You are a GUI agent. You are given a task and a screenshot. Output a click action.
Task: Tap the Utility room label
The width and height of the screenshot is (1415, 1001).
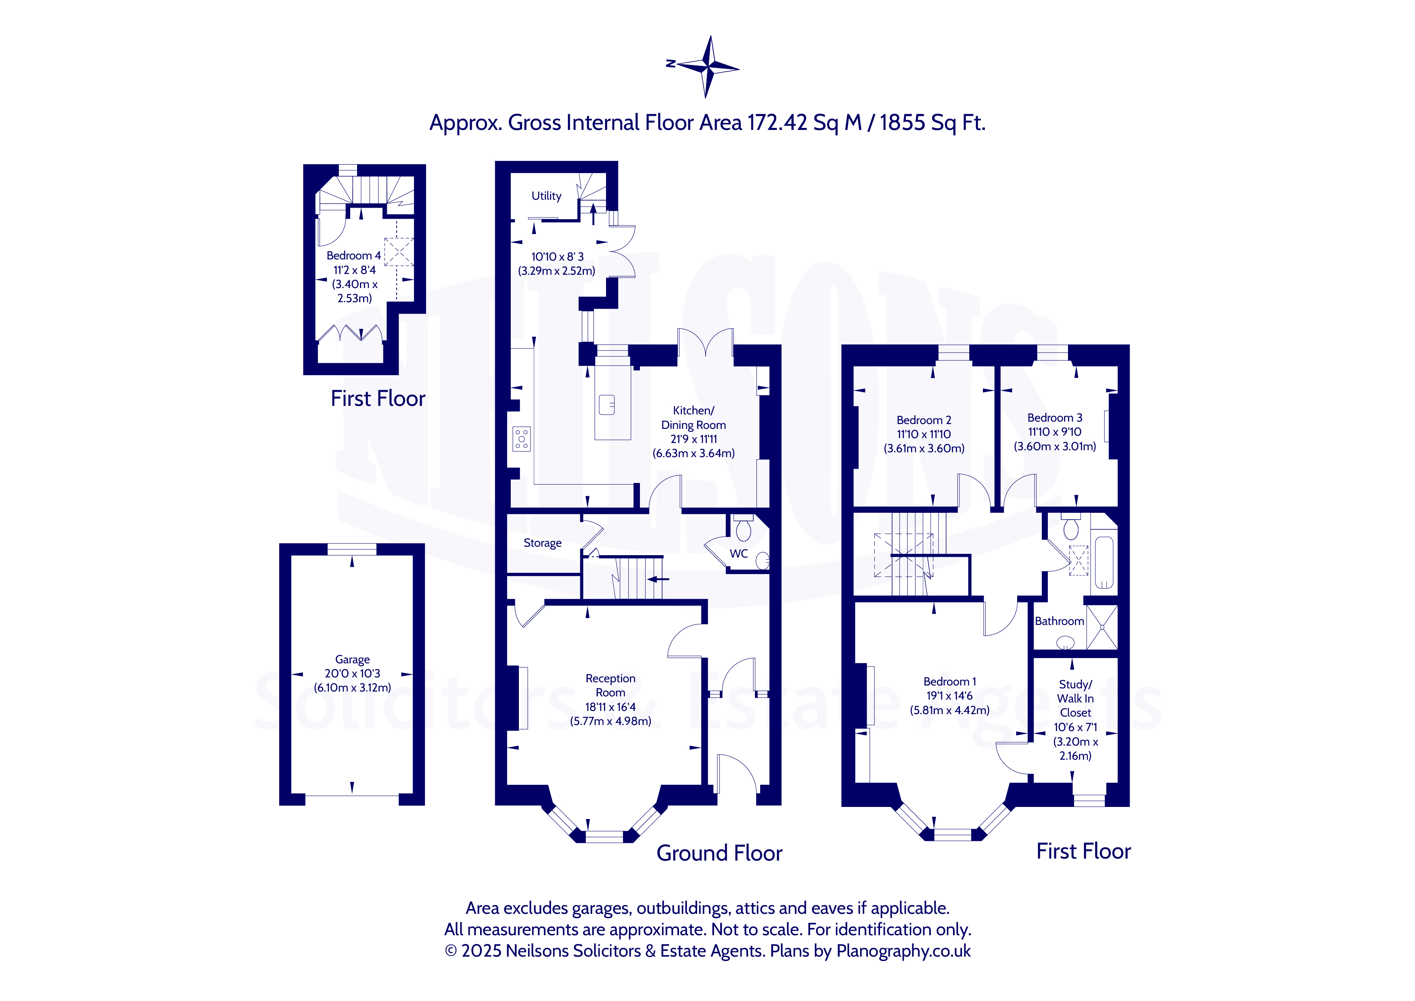tap(546, 196)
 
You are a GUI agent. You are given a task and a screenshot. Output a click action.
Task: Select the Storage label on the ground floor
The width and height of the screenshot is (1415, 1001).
tap(542, 543)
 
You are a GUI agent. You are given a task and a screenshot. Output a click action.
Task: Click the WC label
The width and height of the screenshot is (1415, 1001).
tap(739, 554)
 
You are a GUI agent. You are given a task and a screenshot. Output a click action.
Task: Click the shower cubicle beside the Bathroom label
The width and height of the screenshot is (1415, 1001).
tap(1101, 627)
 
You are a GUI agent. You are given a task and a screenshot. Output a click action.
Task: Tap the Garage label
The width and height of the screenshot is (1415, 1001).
tap(353, 660)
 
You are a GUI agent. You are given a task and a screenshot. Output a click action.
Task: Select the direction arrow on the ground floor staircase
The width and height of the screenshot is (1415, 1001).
tap(658, 579)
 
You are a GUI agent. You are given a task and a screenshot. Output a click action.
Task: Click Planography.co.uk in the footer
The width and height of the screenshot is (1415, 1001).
tap(903, 951)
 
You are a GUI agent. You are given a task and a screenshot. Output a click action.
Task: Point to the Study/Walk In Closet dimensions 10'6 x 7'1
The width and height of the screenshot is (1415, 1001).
tap(1075, 727)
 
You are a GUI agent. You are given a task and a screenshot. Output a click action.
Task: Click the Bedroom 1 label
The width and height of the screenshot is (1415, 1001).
tap(950, 682)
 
